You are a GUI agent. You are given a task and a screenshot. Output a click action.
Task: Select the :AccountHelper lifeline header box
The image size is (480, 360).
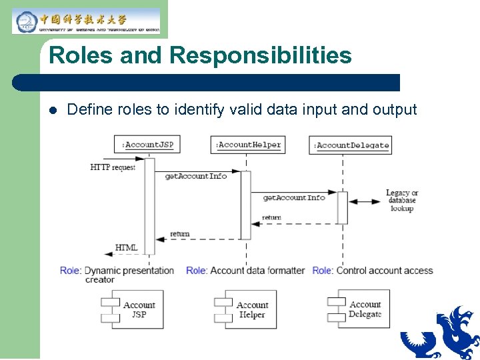pos(247,144)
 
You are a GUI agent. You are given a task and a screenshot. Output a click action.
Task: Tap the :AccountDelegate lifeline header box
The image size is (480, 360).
pos(351,145)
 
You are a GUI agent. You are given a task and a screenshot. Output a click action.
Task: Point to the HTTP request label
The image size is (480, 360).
pos(113,167)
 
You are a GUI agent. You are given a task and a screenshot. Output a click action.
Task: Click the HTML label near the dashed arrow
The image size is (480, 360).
pos(127,247)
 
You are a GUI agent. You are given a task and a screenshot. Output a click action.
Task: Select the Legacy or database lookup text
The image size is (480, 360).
pos(402,201)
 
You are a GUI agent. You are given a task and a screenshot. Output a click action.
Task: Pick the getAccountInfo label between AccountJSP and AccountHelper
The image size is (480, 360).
pos(196,176)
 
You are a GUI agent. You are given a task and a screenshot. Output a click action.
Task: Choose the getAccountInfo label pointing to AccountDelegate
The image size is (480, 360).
pos(294,197)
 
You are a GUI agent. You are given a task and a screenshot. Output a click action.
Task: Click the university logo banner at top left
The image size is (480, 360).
pos(86,21)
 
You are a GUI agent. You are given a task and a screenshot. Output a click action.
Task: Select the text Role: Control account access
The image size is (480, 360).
pos(373,271)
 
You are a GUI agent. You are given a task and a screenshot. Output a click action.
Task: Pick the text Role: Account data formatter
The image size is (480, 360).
pos(245,271)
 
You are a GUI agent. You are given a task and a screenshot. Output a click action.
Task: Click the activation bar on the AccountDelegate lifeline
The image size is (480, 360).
pos(342,207)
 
